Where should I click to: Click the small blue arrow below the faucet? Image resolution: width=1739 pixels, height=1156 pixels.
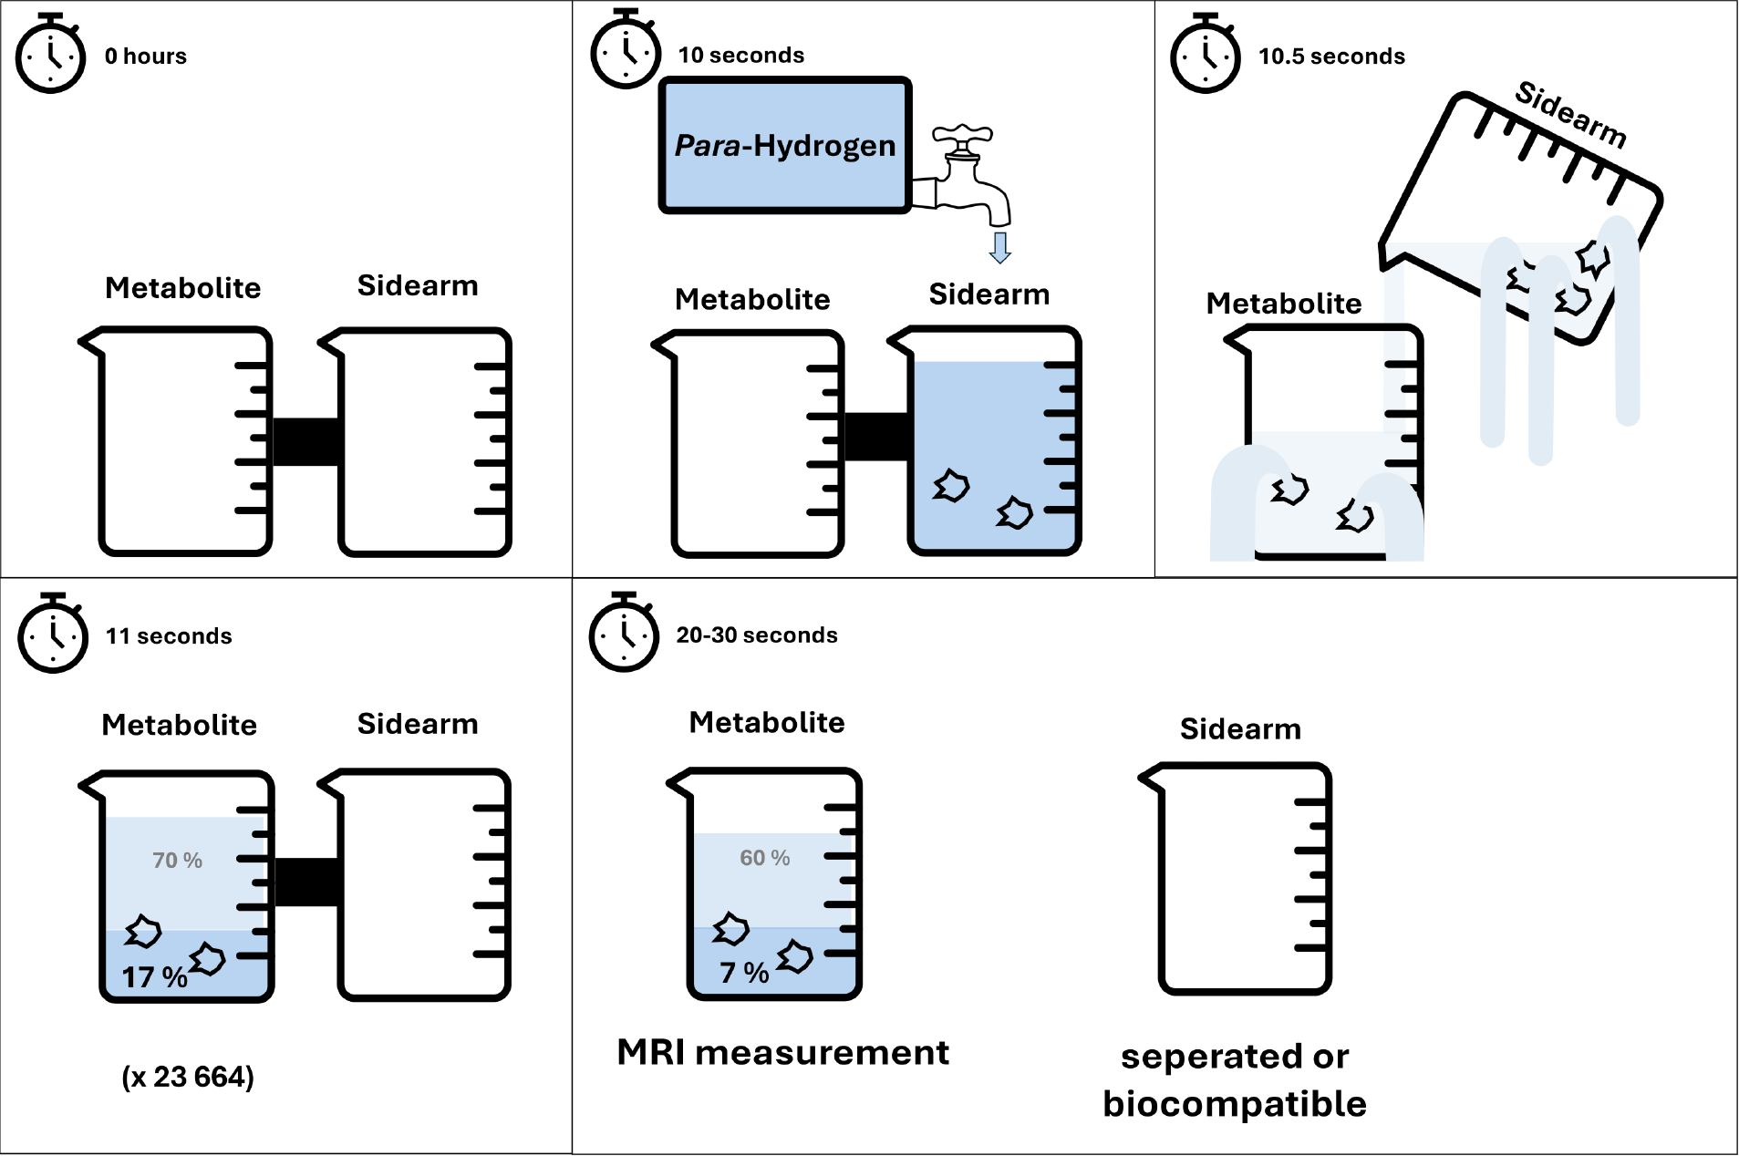coord(1000,247)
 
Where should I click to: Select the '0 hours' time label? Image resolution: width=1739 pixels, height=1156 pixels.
coord(146,57)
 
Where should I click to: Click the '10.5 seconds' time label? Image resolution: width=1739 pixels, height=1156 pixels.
coord(1331,57)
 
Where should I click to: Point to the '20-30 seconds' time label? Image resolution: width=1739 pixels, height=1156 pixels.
coord(756,635)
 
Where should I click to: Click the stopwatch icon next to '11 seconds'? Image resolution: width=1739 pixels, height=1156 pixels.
coord(53,635)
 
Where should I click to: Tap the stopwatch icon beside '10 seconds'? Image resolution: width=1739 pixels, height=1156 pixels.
coord(626,51)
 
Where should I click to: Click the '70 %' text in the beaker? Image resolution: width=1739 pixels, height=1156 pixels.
coord(177,861)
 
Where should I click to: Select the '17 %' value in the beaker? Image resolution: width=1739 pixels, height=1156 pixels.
coord(155,977)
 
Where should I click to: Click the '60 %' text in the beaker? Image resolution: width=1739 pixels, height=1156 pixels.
coord(764,858)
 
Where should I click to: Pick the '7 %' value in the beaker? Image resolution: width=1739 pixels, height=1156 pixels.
coord(744,973)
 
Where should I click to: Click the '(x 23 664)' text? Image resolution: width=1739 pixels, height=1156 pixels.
coord(188,1077)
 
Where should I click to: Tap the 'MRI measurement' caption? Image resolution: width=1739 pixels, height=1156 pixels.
coord(782,1052)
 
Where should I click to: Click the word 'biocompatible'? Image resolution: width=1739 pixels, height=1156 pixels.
coord(1235,1104)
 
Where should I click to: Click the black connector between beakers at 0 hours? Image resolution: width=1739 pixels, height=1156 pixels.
coord(305,441)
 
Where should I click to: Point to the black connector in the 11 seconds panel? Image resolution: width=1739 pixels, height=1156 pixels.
coord(307,882)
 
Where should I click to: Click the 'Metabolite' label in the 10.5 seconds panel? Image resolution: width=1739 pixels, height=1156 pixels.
coord(1283,304)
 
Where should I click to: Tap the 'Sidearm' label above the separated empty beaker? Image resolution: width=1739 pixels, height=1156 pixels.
coord(1240,729)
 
